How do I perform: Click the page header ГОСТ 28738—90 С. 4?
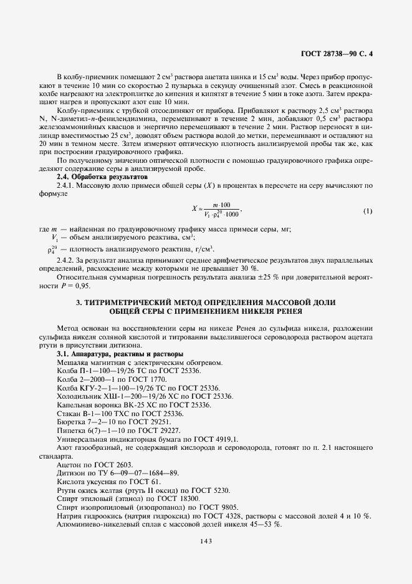[x=337, y=54]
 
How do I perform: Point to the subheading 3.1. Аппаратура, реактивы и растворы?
[x=110, y=353]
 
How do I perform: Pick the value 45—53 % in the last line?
[x=264, y=525]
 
